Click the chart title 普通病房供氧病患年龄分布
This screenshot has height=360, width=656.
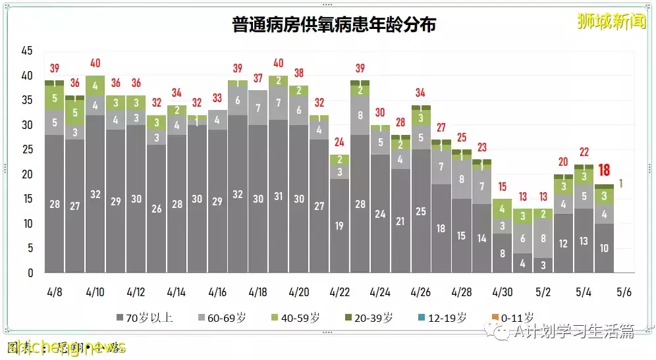(334, 25)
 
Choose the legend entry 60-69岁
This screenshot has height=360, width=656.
(223, 317)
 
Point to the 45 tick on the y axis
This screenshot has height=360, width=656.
(27, 51)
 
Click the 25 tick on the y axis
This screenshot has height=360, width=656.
(27, 150)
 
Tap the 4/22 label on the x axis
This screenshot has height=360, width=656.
(340, 291)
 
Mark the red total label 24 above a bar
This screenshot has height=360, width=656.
(340, 142)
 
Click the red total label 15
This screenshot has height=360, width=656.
(502, 187)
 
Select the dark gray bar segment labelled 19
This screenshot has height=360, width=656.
(340, 226)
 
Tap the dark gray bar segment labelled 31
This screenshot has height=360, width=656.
(279, 196)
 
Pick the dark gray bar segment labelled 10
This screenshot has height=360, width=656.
(604, 248)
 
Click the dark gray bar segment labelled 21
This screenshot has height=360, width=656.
(400, 221)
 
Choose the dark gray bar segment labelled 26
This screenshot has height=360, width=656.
(157, 209)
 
